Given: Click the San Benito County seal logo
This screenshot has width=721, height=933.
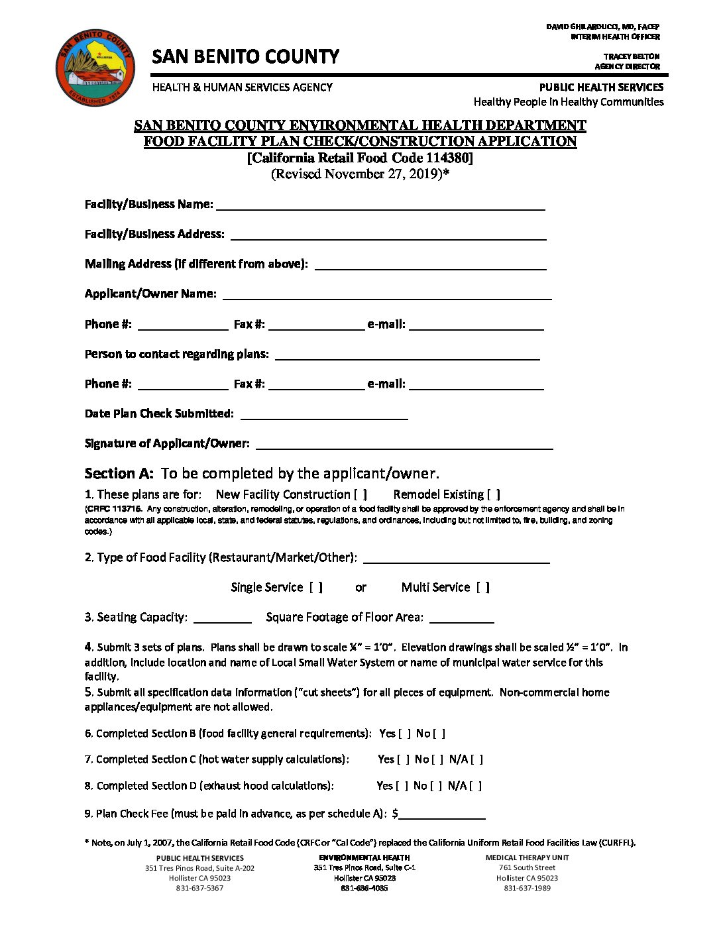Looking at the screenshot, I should (95, 66).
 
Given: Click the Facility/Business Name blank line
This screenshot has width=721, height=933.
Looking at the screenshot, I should (380, 205).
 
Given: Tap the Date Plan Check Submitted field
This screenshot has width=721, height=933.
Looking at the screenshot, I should (324, 414).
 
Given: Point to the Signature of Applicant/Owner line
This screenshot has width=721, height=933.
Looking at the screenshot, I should (404, 444).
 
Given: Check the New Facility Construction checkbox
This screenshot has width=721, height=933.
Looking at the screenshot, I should (360, 495).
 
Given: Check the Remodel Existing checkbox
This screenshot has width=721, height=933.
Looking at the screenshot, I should (494, 495).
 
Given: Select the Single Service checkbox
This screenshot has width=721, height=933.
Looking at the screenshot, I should (316, 588).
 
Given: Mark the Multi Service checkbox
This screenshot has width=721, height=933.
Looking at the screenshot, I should (483, 588).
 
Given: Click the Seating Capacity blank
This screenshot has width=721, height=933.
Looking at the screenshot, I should (223, 618).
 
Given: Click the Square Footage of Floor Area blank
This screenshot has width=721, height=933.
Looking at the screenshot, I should (462, 618).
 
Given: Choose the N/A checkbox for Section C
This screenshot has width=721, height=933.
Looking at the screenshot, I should (476, 760).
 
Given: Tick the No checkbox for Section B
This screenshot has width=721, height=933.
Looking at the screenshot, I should (439, 734).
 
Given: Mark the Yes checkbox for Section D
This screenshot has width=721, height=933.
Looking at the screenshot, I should (402, 786).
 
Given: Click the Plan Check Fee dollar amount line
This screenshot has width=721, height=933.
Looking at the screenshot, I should (442, 814).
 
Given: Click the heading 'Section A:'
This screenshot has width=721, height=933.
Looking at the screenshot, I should (119, 474).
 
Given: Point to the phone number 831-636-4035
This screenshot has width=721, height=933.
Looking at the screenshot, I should (364, 888).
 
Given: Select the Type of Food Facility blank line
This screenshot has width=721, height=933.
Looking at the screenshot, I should (457, 558).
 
